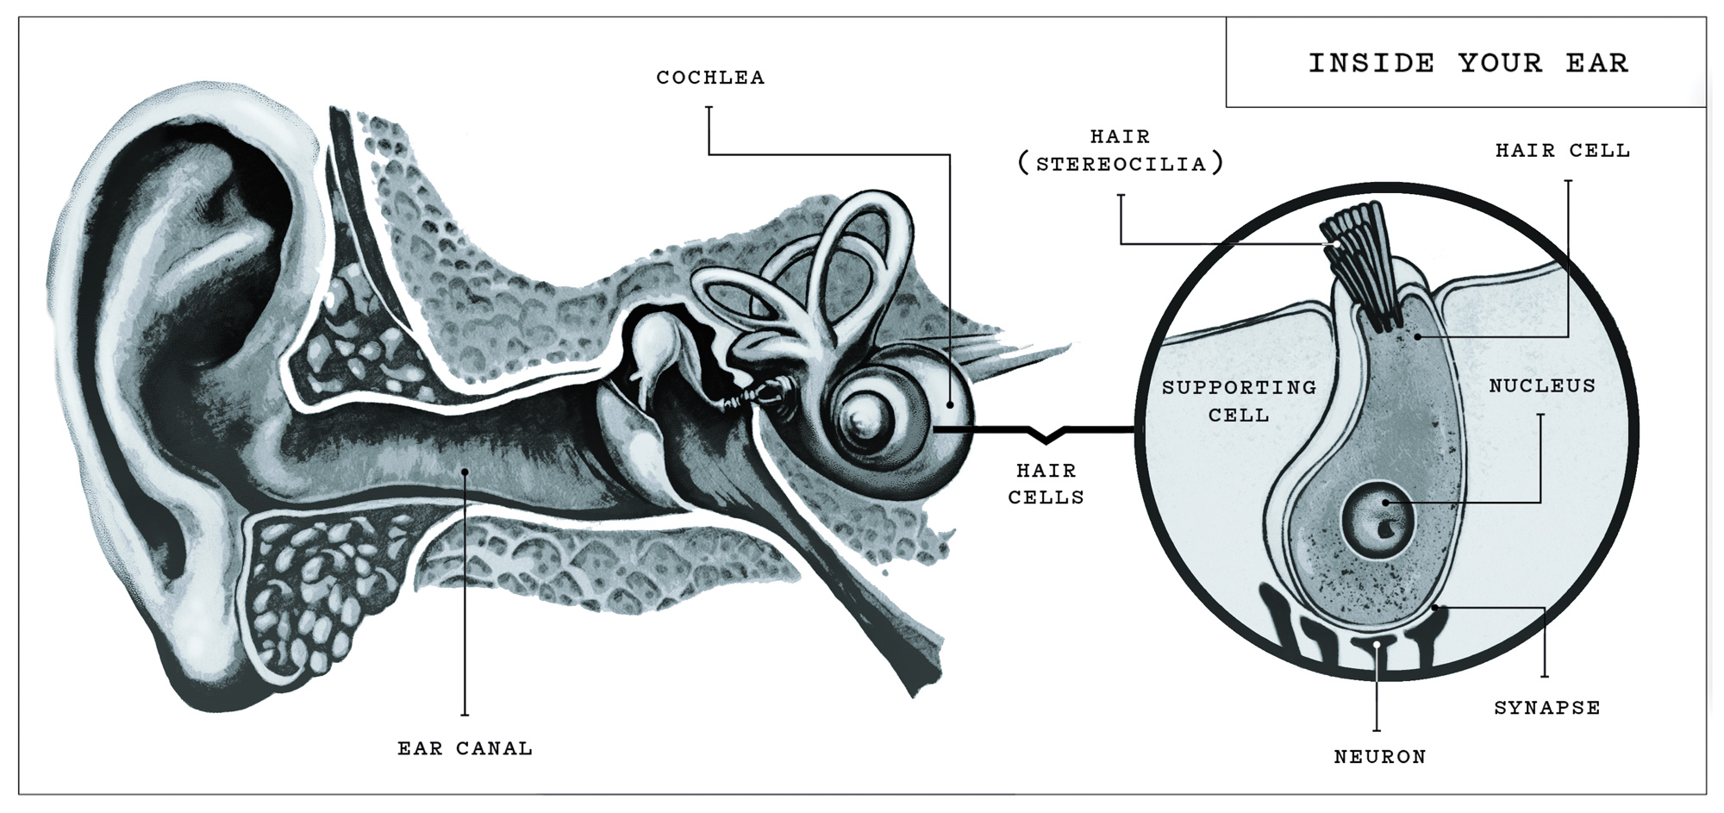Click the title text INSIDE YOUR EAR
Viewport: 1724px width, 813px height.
1468,63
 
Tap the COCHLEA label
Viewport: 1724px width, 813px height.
710,78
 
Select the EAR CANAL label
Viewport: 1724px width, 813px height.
465,748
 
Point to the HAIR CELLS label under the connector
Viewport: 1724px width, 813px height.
1046,484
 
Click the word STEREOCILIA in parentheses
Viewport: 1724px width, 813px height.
1121,164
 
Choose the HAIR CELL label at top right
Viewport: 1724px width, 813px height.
1562,150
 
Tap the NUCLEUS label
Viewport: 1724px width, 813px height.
1542,385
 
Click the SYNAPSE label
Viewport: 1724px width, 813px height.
1546,708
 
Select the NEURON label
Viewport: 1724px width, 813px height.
1380,757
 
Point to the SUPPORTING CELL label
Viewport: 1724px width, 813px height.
1239,401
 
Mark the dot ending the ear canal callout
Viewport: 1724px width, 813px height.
465,471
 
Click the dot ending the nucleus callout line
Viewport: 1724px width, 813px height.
1385,503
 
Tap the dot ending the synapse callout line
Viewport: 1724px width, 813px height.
1434,609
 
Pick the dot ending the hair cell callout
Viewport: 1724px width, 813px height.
1416,335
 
